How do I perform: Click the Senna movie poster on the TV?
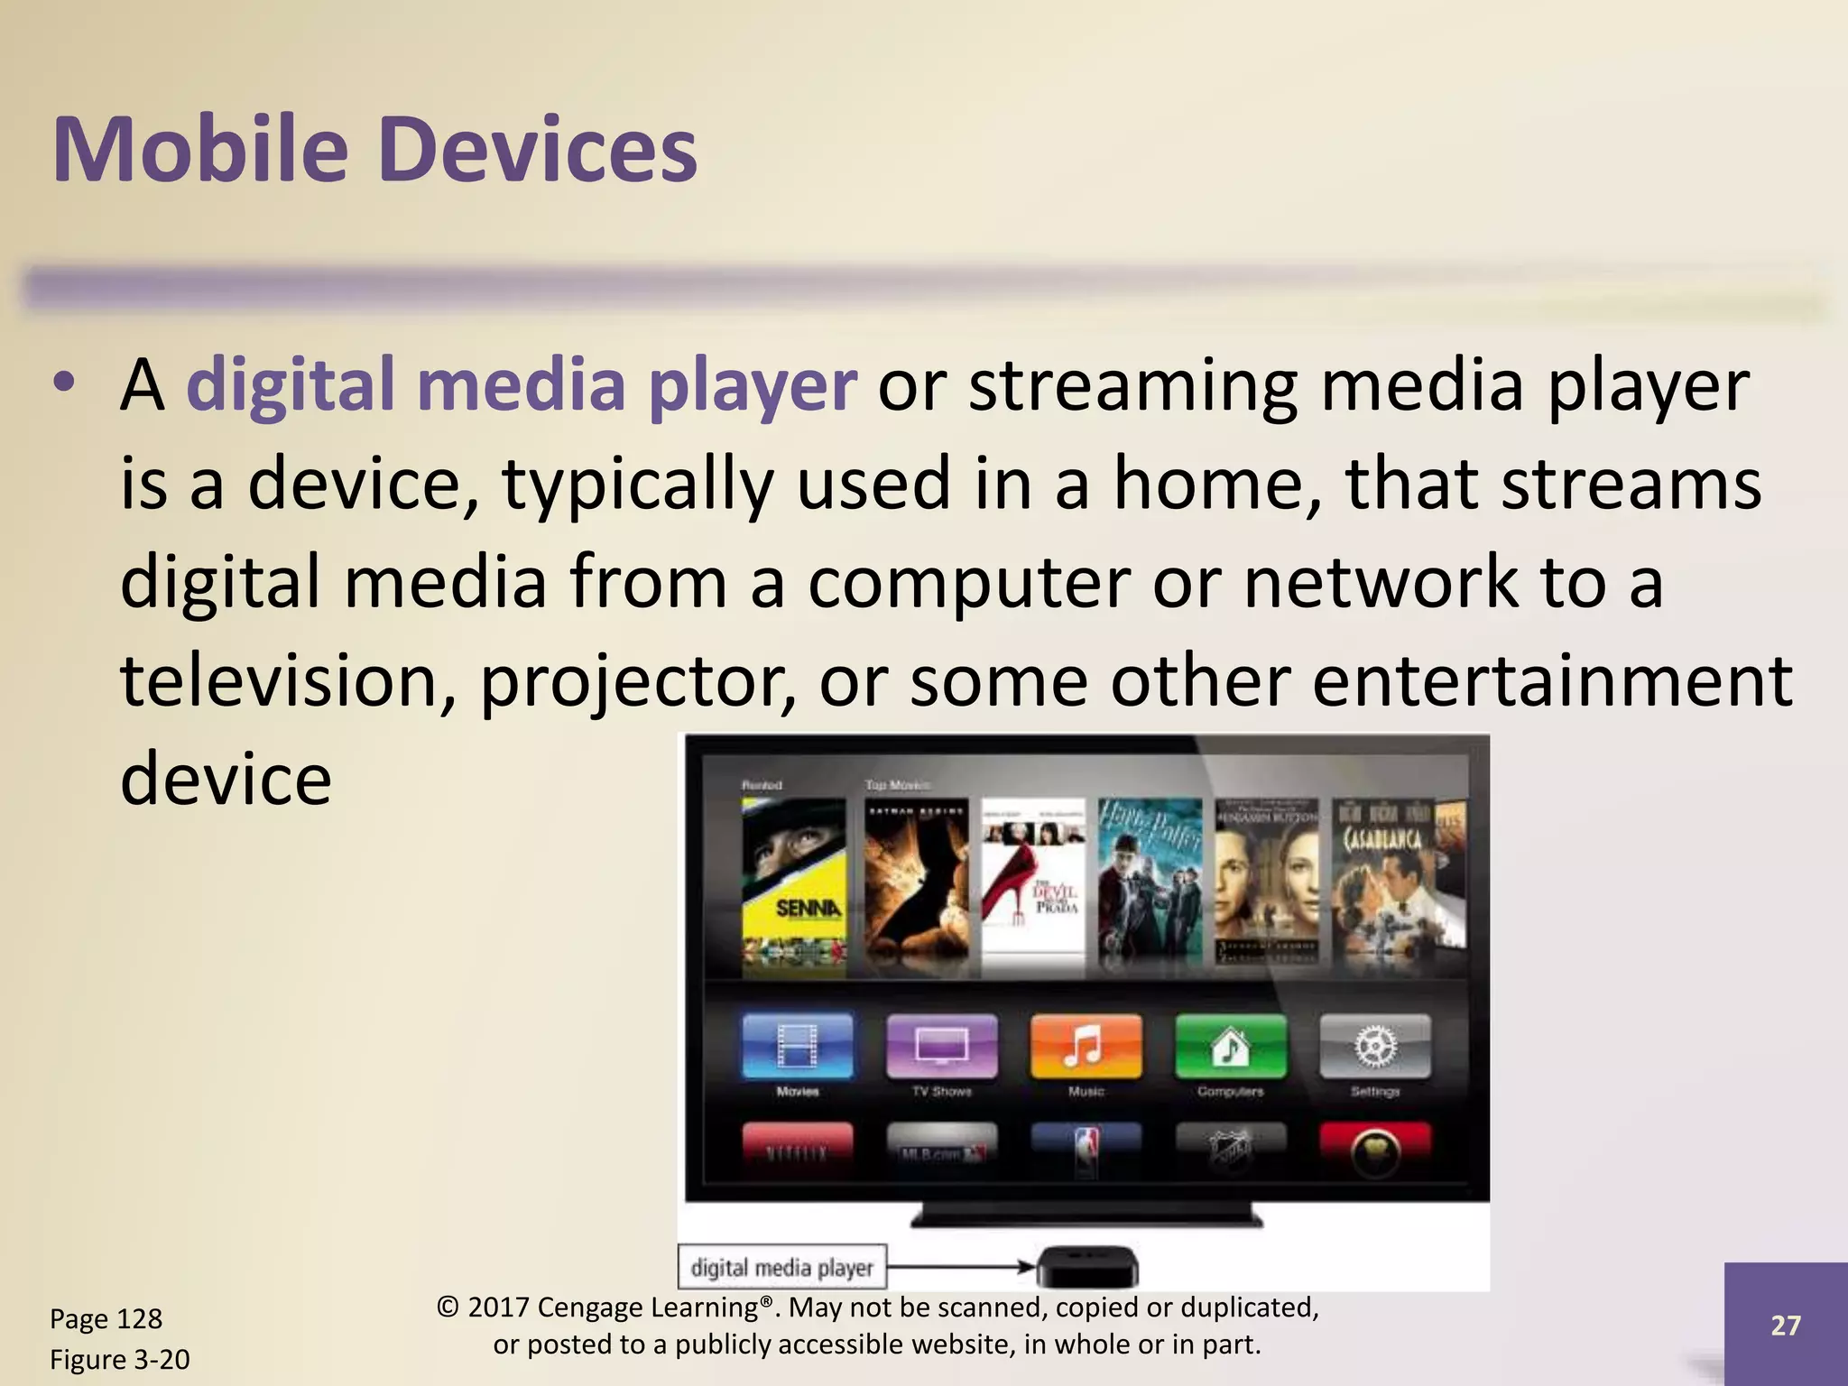tap(794, 884)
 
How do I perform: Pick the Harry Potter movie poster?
tap(1150, 884)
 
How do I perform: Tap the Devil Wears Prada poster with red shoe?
tap(1033, 884)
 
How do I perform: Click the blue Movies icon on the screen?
tap(797, 1047)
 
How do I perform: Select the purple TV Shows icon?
tap(941, 1047)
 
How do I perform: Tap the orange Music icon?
tap(1086, 1047)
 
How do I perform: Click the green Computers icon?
tap(1230, 1047)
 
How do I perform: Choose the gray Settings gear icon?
tap(1374, 1047)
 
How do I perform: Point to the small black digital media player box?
tap(1086, 1267)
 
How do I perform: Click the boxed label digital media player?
tap(781, 1267)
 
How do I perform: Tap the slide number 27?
tap(1785, 1325)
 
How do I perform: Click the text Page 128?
tap(106, 1319)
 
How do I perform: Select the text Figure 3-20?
tap(119, 1359)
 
